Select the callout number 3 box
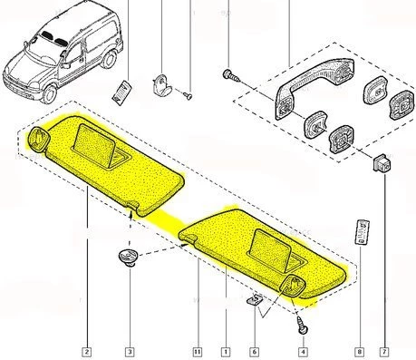click(130, 350)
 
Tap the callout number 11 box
click(196, 350)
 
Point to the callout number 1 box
click(224, 350)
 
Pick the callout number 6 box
click(254, 350)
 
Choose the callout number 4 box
click(303, 350)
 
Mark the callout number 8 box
click(359, 350)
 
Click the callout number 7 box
click(386, 350)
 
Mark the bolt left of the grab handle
click(233, 75)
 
